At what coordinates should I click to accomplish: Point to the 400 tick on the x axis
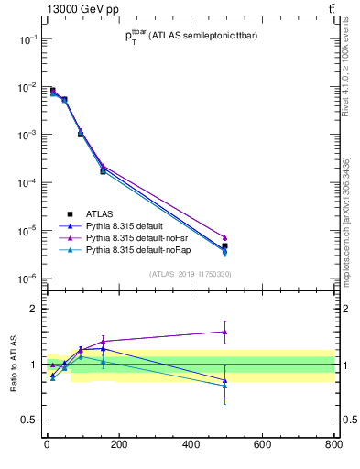[x=190, y=444]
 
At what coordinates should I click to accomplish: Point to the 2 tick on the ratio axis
[x=32, y=309]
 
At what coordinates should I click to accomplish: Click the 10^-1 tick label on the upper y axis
[x=26, y=39]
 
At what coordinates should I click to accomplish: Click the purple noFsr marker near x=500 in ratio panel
[x=224, y=332]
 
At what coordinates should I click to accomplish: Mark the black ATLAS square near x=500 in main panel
[x=224, y=246]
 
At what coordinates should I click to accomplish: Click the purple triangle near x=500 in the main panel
[x=224, y=237]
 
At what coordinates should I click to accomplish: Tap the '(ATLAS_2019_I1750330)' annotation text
[x=190, y=274]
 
